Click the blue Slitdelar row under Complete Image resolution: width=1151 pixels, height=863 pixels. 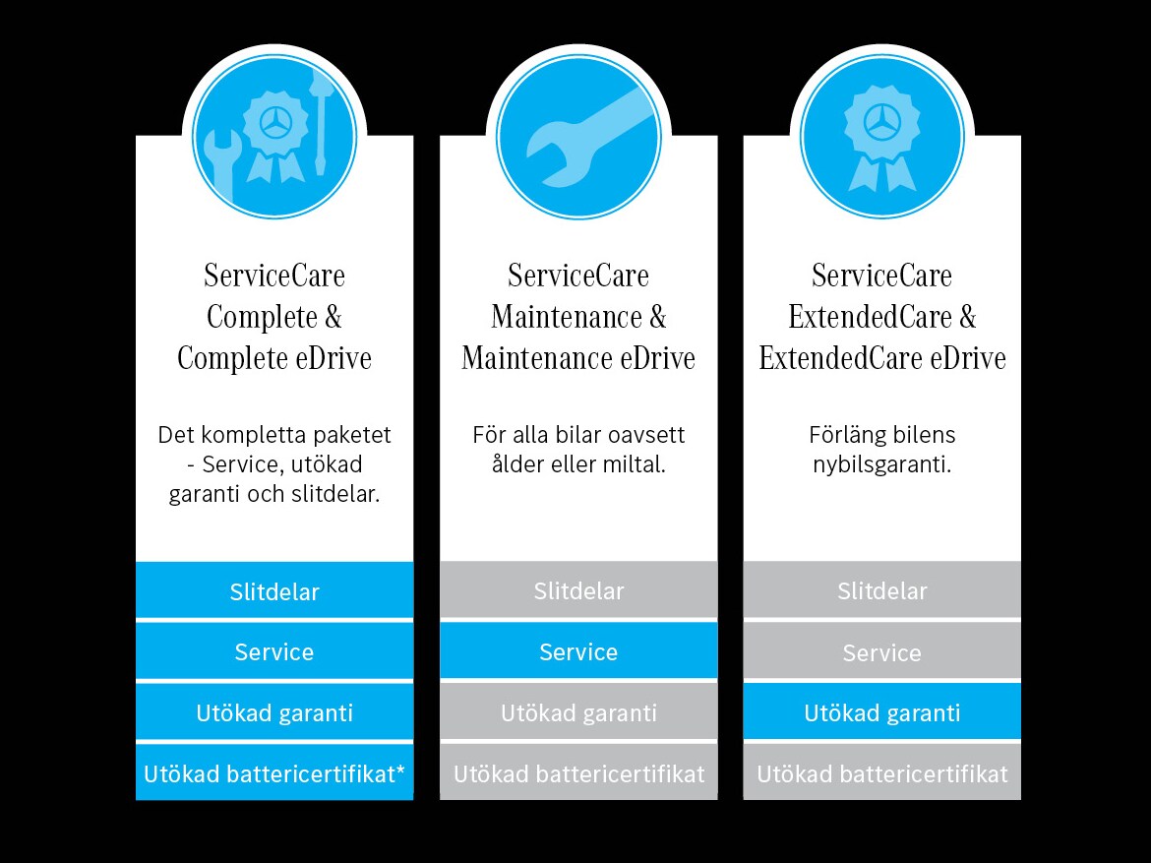click(x=274, y=591)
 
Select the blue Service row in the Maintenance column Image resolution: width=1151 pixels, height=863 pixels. click(x=578, y=651)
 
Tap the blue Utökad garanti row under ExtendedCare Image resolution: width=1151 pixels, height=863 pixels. click(x=882, y=712)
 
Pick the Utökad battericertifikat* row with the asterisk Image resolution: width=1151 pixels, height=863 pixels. click(x=274, y=773)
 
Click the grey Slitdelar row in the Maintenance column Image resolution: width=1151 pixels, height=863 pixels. click(x=578, y=591)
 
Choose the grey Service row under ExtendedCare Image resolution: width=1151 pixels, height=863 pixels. click(x=882, y=652)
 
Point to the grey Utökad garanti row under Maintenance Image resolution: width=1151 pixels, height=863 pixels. click(x=578, y=712)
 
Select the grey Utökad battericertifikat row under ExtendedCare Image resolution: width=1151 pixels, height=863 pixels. click(x=882, y=773)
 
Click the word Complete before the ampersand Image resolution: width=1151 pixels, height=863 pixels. click(x=263, y=318)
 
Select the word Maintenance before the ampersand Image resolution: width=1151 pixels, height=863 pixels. click(x=565, y=318)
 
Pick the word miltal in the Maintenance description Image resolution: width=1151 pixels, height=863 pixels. click(x=634, y=464)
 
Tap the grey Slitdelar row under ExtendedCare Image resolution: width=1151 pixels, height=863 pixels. click(x=882, y=591)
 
